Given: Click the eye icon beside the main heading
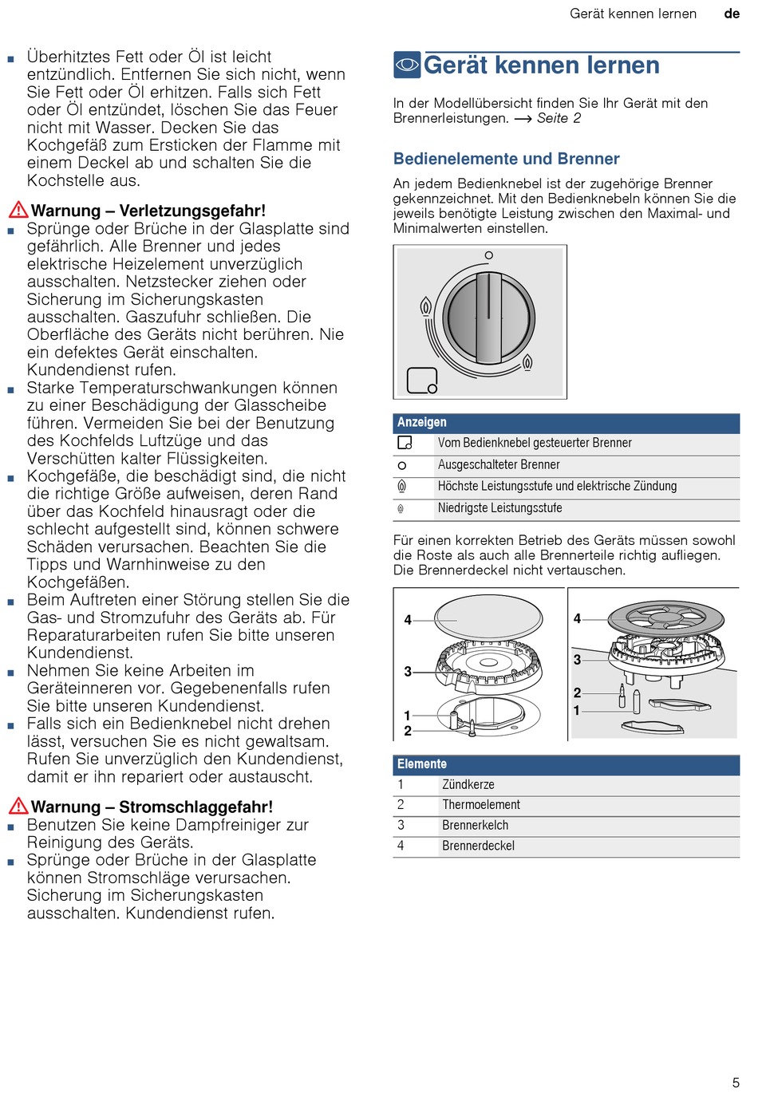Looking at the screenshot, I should click(x=407, y=65).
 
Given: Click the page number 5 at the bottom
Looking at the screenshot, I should click(x=736, y=1083).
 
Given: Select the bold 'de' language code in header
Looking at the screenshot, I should click(x=732, y=14).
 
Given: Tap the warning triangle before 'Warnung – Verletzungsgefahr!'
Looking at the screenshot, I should click(x=18, y=210).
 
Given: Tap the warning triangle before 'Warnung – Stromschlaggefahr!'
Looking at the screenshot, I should click(x=18, y=806).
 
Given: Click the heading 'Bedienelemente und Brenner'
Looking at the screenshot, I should click(x=506, y=159).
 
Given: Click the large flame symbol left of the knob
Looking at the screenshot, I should click(x=426, y=307).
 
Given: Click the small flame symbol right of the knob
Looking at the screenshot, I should click(x=527, y=362).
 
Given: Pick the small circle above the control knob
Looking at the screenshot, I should click(x=489, y=255).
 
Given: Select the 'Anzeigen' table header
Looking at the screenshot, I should click(x=422, y=422).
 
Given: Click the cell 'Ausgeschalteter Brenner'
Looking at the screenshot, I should click(x=499, y=464).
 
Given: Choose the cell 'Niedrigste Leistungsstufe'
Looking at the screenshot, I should click(x=499, y=508).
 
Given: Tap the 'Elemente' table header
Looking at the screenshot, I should click(x=422, y=764).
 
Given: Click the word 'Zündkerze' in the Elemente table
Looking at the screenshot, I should click(x=468, y=785).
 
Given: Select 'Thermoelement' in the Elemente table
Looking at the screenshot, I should click(x=481, y=805).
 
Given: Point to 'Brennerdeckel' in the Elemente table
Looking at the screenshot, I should click(x=478, y=846).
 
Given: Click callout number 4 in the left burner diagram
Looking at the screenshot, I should click(x=408, y=620).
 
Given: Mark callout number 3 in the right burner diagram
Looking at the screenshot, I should click(x=577, y=660).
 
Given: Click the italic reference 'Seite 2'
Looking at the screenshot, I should click(x=559, y=118).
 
